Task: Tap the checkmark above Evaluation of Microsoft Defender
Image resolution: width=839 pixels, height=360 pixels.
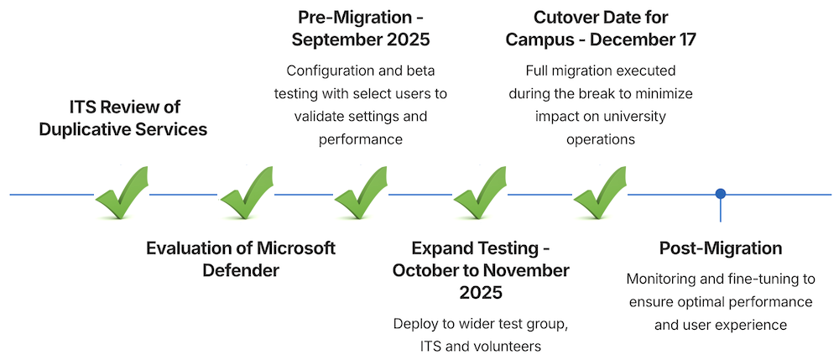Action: [x=245, y=193]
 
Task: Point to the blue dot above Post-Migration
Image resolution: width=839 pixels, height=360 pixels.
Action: [x=720, y=194]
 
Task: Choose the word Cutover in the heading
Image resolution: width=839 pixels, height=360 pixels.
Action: [x=564, y=17]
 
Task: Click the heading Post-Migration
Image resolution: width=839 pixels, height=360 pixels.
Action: [x=720, y=248]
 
